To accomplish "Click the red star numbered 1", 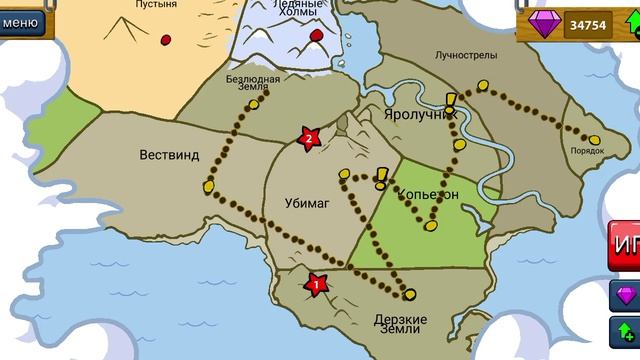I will point(317,284).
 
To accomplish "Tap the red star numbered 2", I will point(309,138).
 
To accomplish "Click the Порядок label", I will point(587,151).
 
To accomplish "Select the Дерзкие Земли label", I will point(401,326).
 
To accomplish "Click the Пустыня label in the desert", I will point(159,5).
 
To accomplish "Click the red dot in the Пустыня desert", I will point(165,40).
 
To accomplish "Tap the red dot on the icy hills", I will point(317,36).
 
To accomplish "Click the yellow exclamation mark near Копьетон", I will point(381,178).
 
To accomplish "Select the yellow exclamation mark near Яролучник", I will point(451,101).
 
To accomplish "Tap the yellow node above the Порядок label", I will point(594,139).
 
